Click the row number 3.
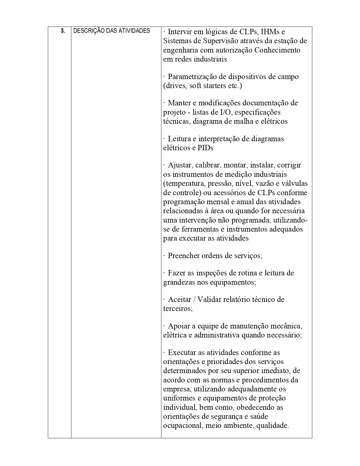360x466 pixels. [x=62, y=31]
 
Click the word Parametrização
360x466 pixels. [x=195, y=77]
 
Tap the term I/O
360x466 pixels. [x=226, y=112]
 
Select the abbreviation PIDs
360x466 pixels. [x=203, y=148]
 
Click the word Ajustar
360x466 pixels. [x=180, y=165]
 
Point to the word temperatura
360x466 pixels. [x=184, y=184]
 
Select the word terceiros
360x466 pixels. [x=178, y=308]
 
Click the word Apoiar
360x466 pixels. [x=178, y=326]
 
